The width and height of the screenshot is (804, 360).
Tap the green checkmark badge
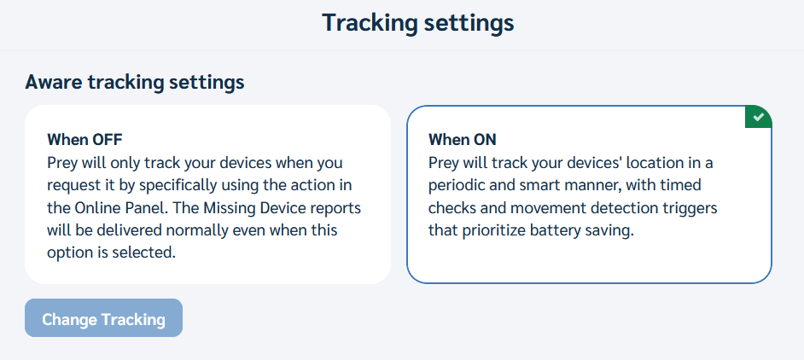point(759,118)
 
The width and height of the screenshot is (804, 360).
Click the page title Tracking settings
point(418,24)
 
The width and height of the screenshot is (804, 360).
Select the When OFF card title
point(84,139)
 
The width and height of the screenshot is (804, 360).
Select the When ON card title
point(463,139)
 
